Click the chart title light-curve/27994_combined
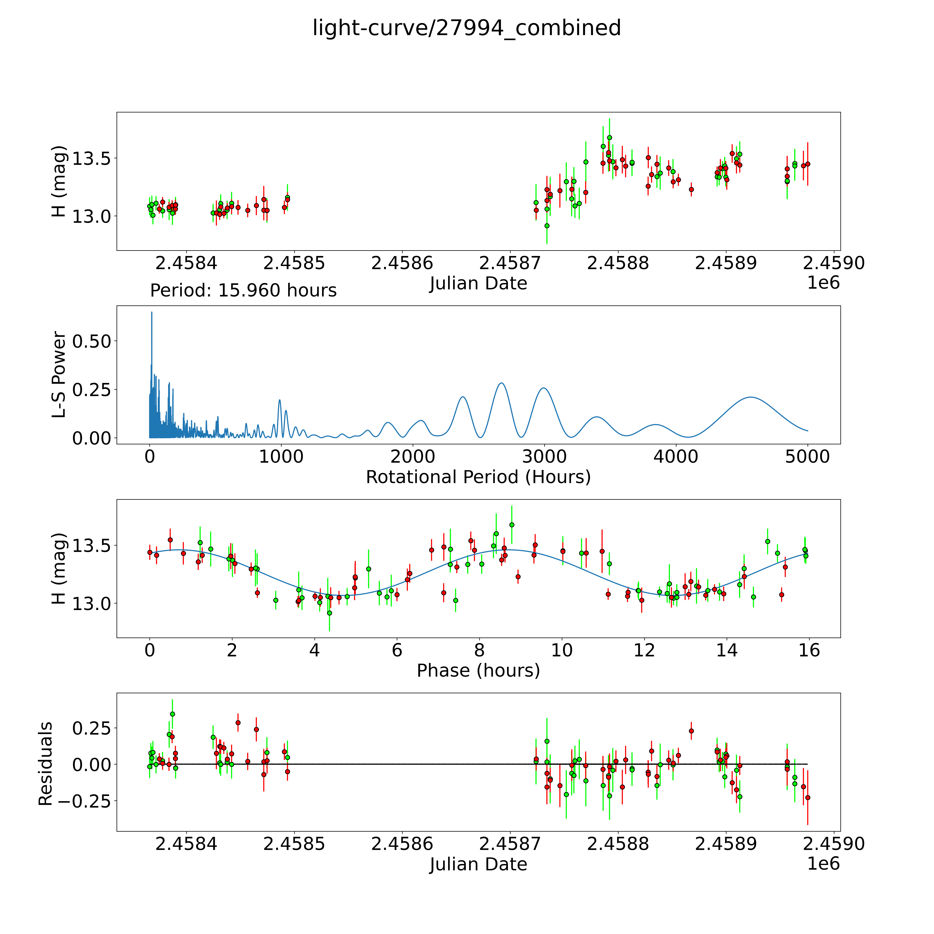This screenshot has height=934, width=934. [466, 28]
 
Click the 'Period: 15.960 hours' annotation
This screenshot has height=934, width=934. [243, 291]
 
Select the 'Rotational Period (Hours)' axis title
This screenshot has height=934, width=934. [478, 477]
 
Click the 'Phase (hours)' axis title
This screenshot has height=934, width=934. [478, 671]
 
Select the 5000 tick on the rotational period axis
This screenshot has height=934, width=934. [807, 457]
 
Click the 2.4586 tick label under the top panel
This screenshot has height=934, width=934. [402, 263]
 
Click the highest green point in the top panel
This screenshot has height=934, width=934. [610, 137]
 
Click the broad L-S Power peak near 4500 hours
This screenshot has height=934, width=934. [751, 397]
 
